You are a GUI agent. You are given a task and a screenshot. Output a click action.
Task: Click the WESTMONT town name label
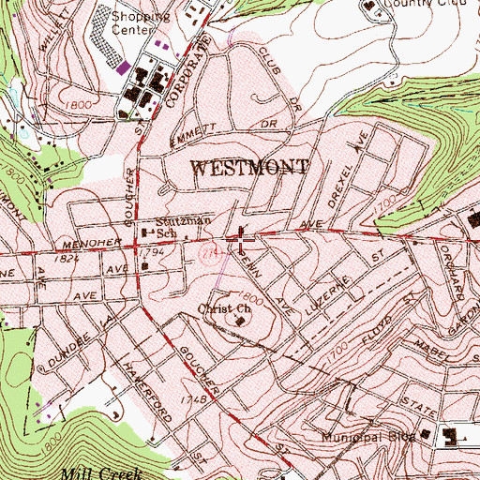pos(250,169)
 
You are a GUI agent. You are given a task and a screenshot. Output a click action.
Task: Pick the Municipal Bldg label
pos(370,438)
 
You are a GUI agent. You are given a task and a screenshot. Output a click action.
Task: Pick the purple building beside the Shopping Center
pos(158,44)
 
